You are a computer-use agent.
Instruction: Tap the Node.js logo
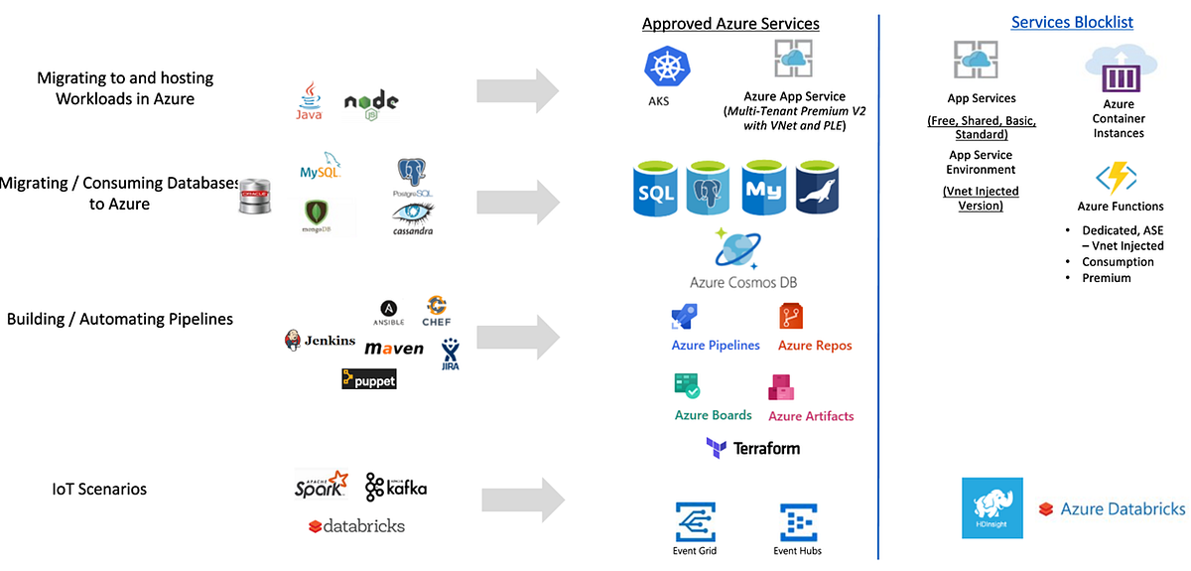tap(371, 102)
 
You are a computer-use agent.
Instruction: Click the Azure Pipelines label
tap(716, 346)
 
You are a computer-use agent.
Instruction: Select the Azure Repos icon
tap(791, 316)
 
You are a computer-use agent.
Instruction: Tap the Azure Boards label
tap(713, 415)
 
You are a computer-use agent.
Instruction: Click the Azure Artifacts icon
tap(781, 386)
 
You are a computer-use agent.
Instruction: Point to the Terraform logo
tap(753, 449)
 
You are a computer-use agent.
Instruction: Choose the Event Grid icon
tap(695, 522)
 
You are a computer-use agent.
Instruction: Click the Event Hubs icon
tap(798, 522)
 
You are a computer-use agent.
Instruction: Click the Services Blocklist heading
tap(1072, 22)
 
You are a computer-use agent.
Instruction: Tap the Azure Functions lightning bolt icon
tap(1115, 179)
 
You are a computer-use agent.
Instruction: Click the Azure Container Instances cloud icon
tap(1120, 70)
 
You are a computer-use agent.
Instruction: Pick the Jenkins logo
tap(320, 341)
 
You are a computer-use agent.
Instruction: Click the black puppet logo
tap(368, 378)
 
